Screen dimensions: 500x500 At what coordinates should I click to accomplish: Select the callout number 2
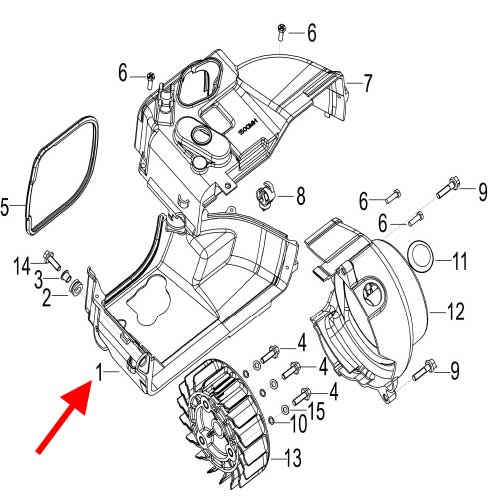click(x=46, y=294)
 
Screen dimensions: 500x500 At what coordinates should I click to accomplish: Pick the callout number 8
click(x=300, y=194)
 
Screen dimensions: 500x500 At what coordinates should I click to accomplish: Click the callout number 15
click(x=318, y=410)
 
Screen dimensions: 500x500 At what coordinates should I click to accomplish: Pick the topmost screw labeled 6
click(x=282, y=33)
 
